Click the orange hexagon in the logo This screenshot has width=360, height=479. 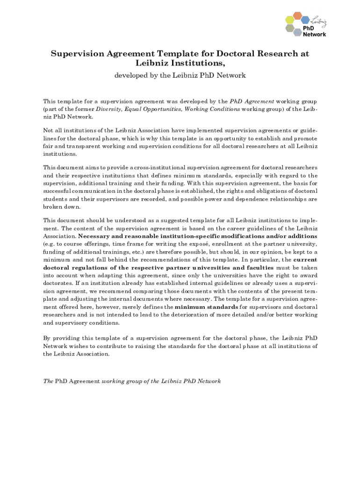pyautogui.click(x=297, y=16)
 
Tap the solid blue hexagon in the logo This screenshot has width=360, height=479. pyautogui.click(x=305, y=21)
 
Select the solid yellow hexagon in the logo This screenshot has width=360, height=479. pyautogui.click(x=290, y=21)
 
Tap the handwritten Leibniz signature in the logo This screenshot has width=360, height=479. pyautogui.click(x=318, y=22)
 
